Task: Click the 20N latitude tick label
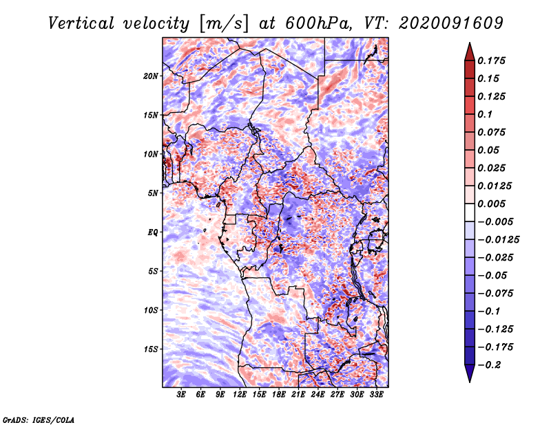(151, 76)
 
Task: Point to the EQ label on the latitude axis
(153, 232)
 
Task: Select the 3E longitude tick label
(181, 395)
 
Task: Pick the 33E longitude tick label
(376, 395)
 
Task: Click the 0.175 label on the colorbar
(491, 61)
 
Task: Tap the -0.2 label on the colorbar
(489, 365)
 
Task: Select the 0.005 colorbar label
(491, 204)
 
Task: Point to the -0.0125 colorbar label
(498, 240)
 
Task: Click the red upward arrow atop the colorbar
(470, 52)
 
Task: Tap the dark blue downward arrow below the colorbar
(470, 373)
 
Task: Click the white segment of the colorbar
(470, 212)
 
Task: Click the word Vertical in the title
(81, 23)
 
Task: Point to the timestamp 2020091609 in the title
(451, 23)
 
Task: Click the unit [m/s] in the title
(223, 24)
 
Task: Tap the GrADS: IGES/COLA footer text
(39, 419)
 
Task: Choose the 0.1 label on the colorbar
(485, 114)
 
